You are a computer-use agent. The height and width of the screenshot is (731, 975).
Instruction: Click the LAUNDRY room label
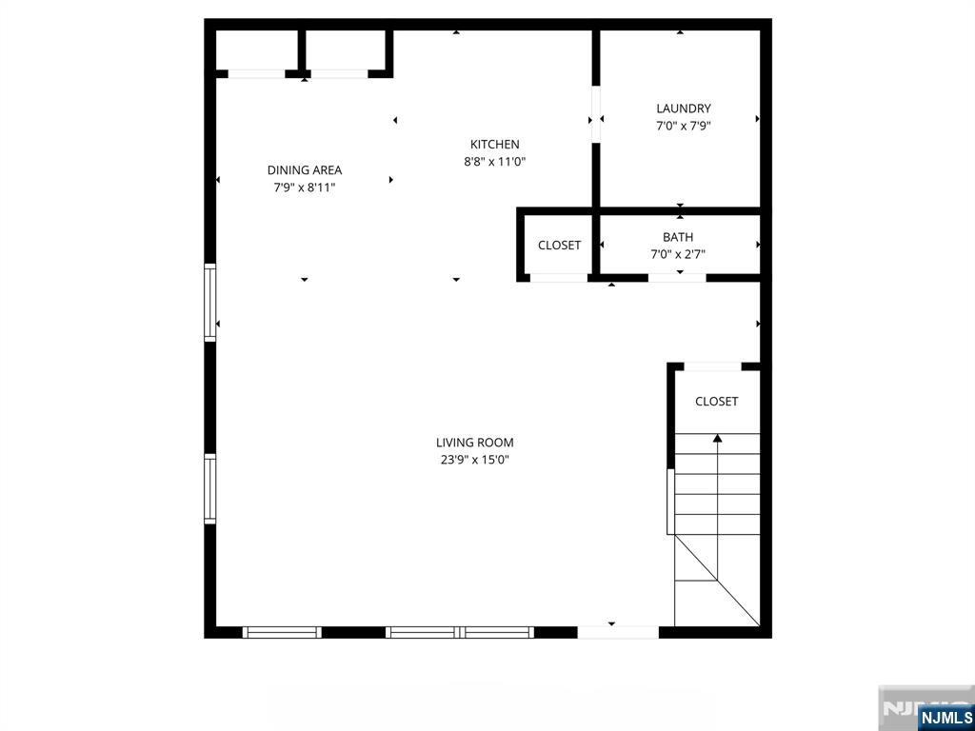point(683,109)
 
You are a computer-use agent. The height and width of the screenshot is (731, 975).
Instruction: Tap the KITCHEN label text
point(494,145)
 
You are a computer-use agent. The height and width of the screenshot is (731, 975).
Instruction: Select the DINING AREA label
point(304,170)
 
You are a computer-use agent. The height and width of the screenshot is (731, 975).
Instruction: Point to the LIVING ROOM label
point(474,443)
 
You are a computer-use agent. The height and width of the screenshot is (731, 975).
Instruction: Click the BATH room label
point(678,237)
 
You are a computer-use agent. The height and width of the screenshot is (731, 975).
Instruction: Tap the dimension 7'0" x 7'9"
point(683,126)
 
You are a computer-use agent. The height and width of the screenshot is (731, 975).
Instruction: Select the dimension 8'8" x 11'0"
point(494,162)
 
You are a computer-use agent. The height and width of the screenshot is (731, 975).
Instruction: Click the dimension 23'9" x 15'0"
point(474,460)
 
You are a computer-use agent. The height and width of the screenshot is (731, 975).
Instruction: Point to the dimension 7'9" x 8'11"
point(304,188)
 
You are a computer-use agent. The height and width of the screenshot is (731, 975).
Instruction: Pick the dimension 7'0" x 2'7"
point(678,254)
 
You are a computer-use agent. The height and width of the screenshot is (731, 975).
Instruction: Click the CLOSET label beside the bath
point(559,246)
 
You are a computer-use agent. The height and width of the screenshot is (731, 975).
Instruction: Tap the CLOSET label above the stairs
point(716,402)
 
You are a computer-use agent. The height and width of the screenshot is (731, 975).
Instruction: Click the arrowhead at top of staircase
point(717,439)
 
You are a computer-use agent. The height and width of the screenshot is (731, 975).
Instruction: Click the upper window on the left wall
point(210,303)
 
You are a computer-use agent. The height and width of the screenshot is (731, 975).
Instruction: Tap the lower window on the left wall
point(210,488)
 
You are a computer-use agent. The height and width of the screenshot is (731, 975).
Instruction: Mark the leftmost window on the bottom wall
point(282,632)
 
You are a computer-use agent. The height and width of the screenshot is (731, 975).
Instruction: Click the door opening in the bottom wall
point(617,632)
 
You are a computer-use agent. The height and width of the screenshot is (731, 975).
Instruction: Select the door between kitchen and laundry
point(596,114)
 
